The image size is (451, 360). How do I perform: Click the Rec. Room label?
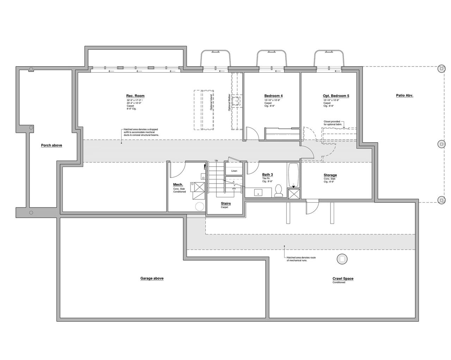click(135, 96)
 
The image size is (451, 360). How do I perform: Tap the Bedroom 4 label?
click(273, 96)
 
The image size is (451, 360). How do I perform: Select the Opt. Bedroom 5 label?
click(336, 96)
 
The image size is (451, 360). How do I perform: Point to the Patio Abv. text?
click(404, 95)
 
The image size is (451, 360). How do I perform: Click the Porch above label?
click(51, 145)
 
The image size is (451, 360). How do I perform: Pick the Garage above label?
click(152, 278)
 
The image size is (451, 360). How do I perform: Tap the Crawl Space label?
click(343, 279)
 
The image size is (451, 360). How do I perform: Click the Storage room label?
click(330, 175)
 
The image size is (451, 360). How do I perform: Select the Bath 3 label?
click(267, 175)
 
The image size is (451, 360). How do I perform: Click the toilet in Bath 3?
click(279, 190)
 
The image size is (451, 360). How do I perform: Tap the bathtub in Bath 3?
click(294, 175)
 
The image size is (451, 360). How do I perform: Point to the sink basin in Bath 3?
click(259, 193)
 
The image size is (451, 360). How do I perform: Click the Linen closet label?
click(234, 171)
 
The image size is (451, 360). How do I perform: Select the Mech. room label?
click(178, 185)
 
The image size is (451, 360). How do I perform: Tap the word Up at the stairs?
click(216, 161)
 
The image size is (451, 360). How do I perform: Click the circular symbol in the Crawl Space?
click(342, 259)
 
